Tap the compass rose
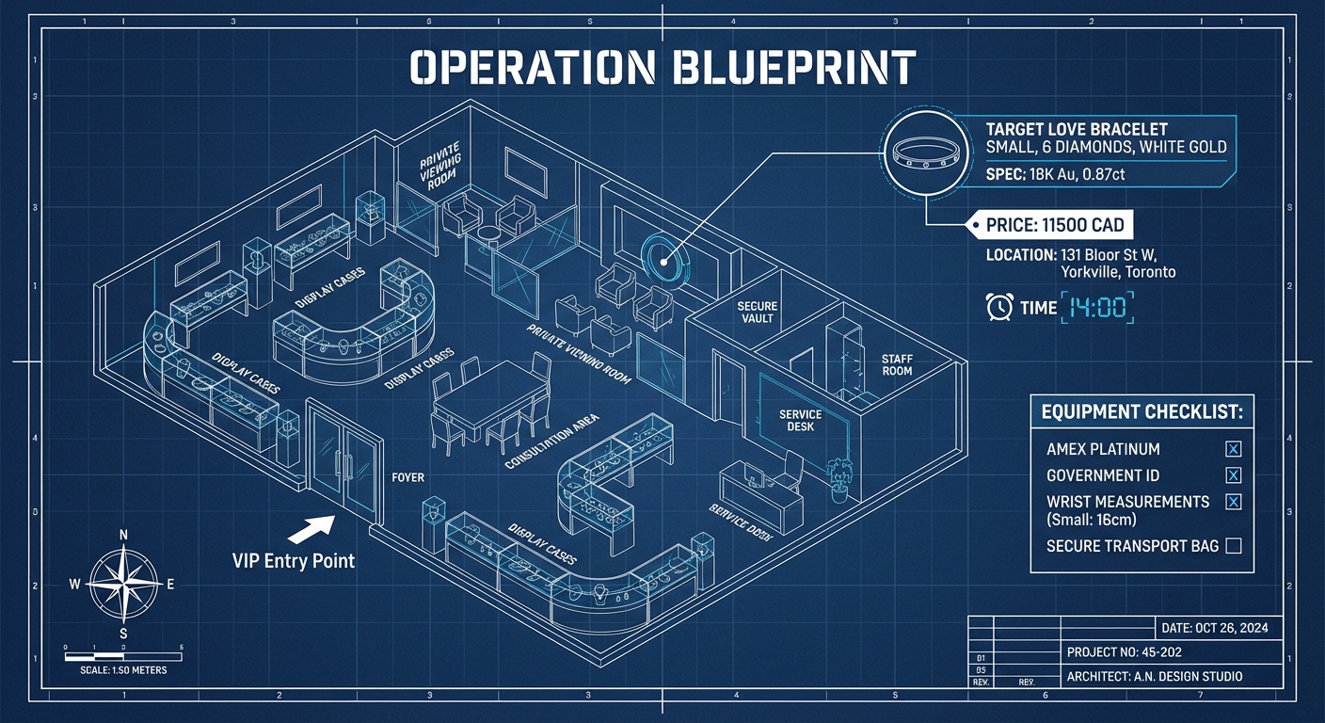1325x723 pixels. click(x=122, y=584)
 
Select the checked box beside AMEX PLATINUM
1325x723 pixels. click(x=1234, y=449)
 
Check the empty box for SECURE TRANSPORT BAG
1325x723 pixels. click(x=1234, y=545)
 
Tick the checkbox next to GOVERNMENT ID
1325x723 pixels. click(x=1234, y=475)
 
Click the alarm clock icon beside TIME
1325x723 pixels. click(x=998, y=307)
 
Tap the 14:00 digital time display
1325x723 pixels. click(x=1097, y=308)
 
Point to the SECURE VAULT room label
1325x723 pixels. click(x=757, y=313)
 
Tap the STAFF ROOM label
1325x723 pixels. click(x=897, y=364)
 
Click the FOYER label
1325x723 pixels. click(x=407, y=477)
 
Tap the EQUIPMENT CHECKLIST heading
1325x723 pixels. click(x=1141, y=412)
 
